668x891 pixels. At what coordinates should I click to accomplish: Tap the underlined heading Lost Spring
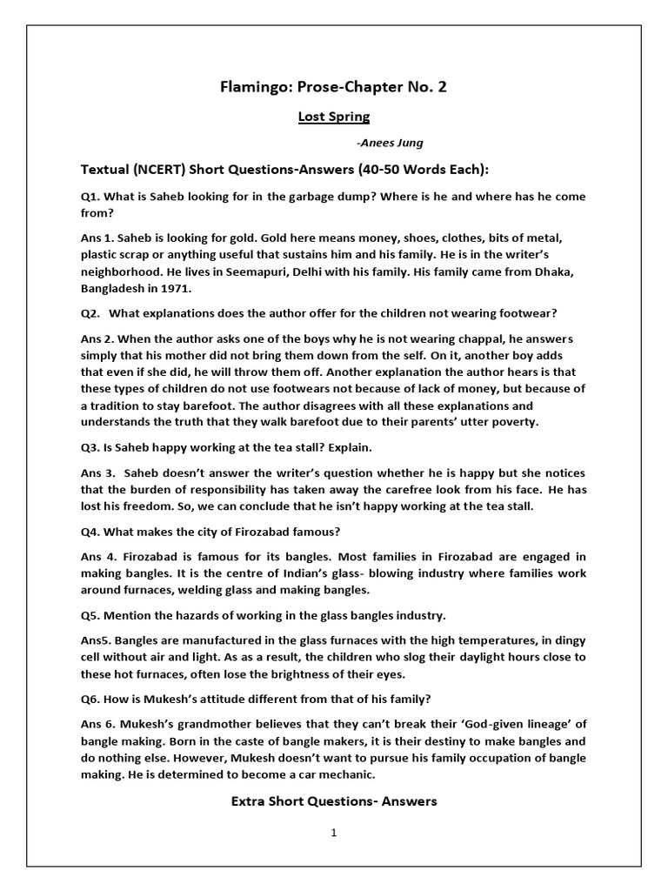334,116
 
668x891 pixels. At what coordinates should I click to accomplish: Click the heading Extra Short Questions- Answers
334,801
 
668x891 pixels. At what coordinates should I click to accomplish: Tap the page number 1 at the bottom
333,833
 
